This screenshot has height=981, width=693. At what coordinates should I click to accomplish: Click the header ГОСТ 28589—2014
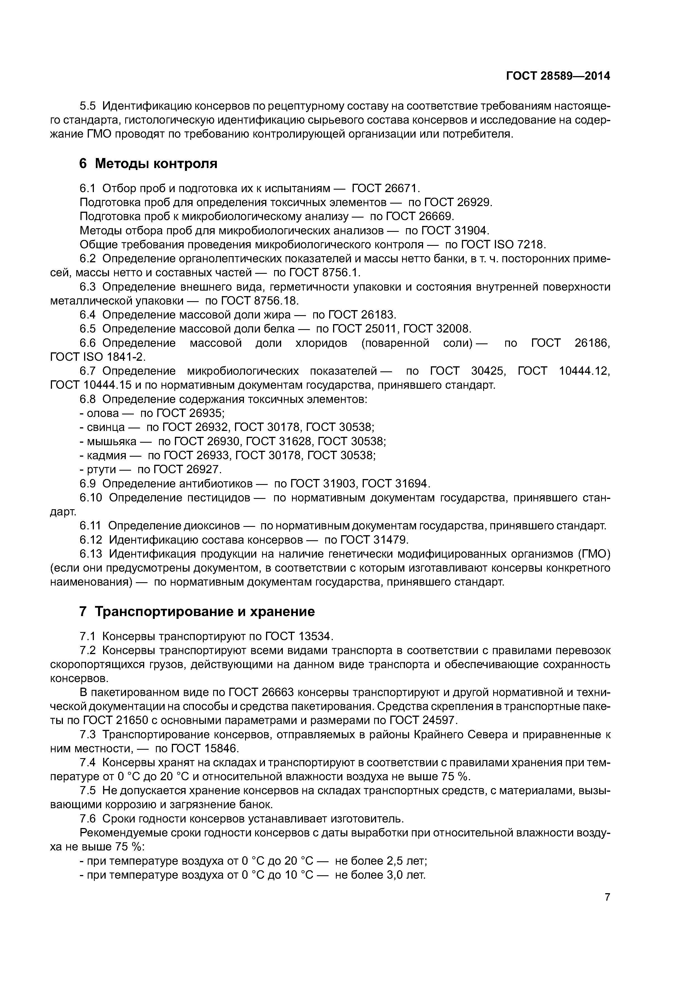tap(558, 76)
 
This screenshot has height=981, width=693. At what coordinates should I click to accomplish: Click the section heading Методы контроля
tap(156, 164)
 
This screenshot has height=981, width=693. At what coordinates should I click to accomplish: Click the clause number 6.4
tap(87, 315)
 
